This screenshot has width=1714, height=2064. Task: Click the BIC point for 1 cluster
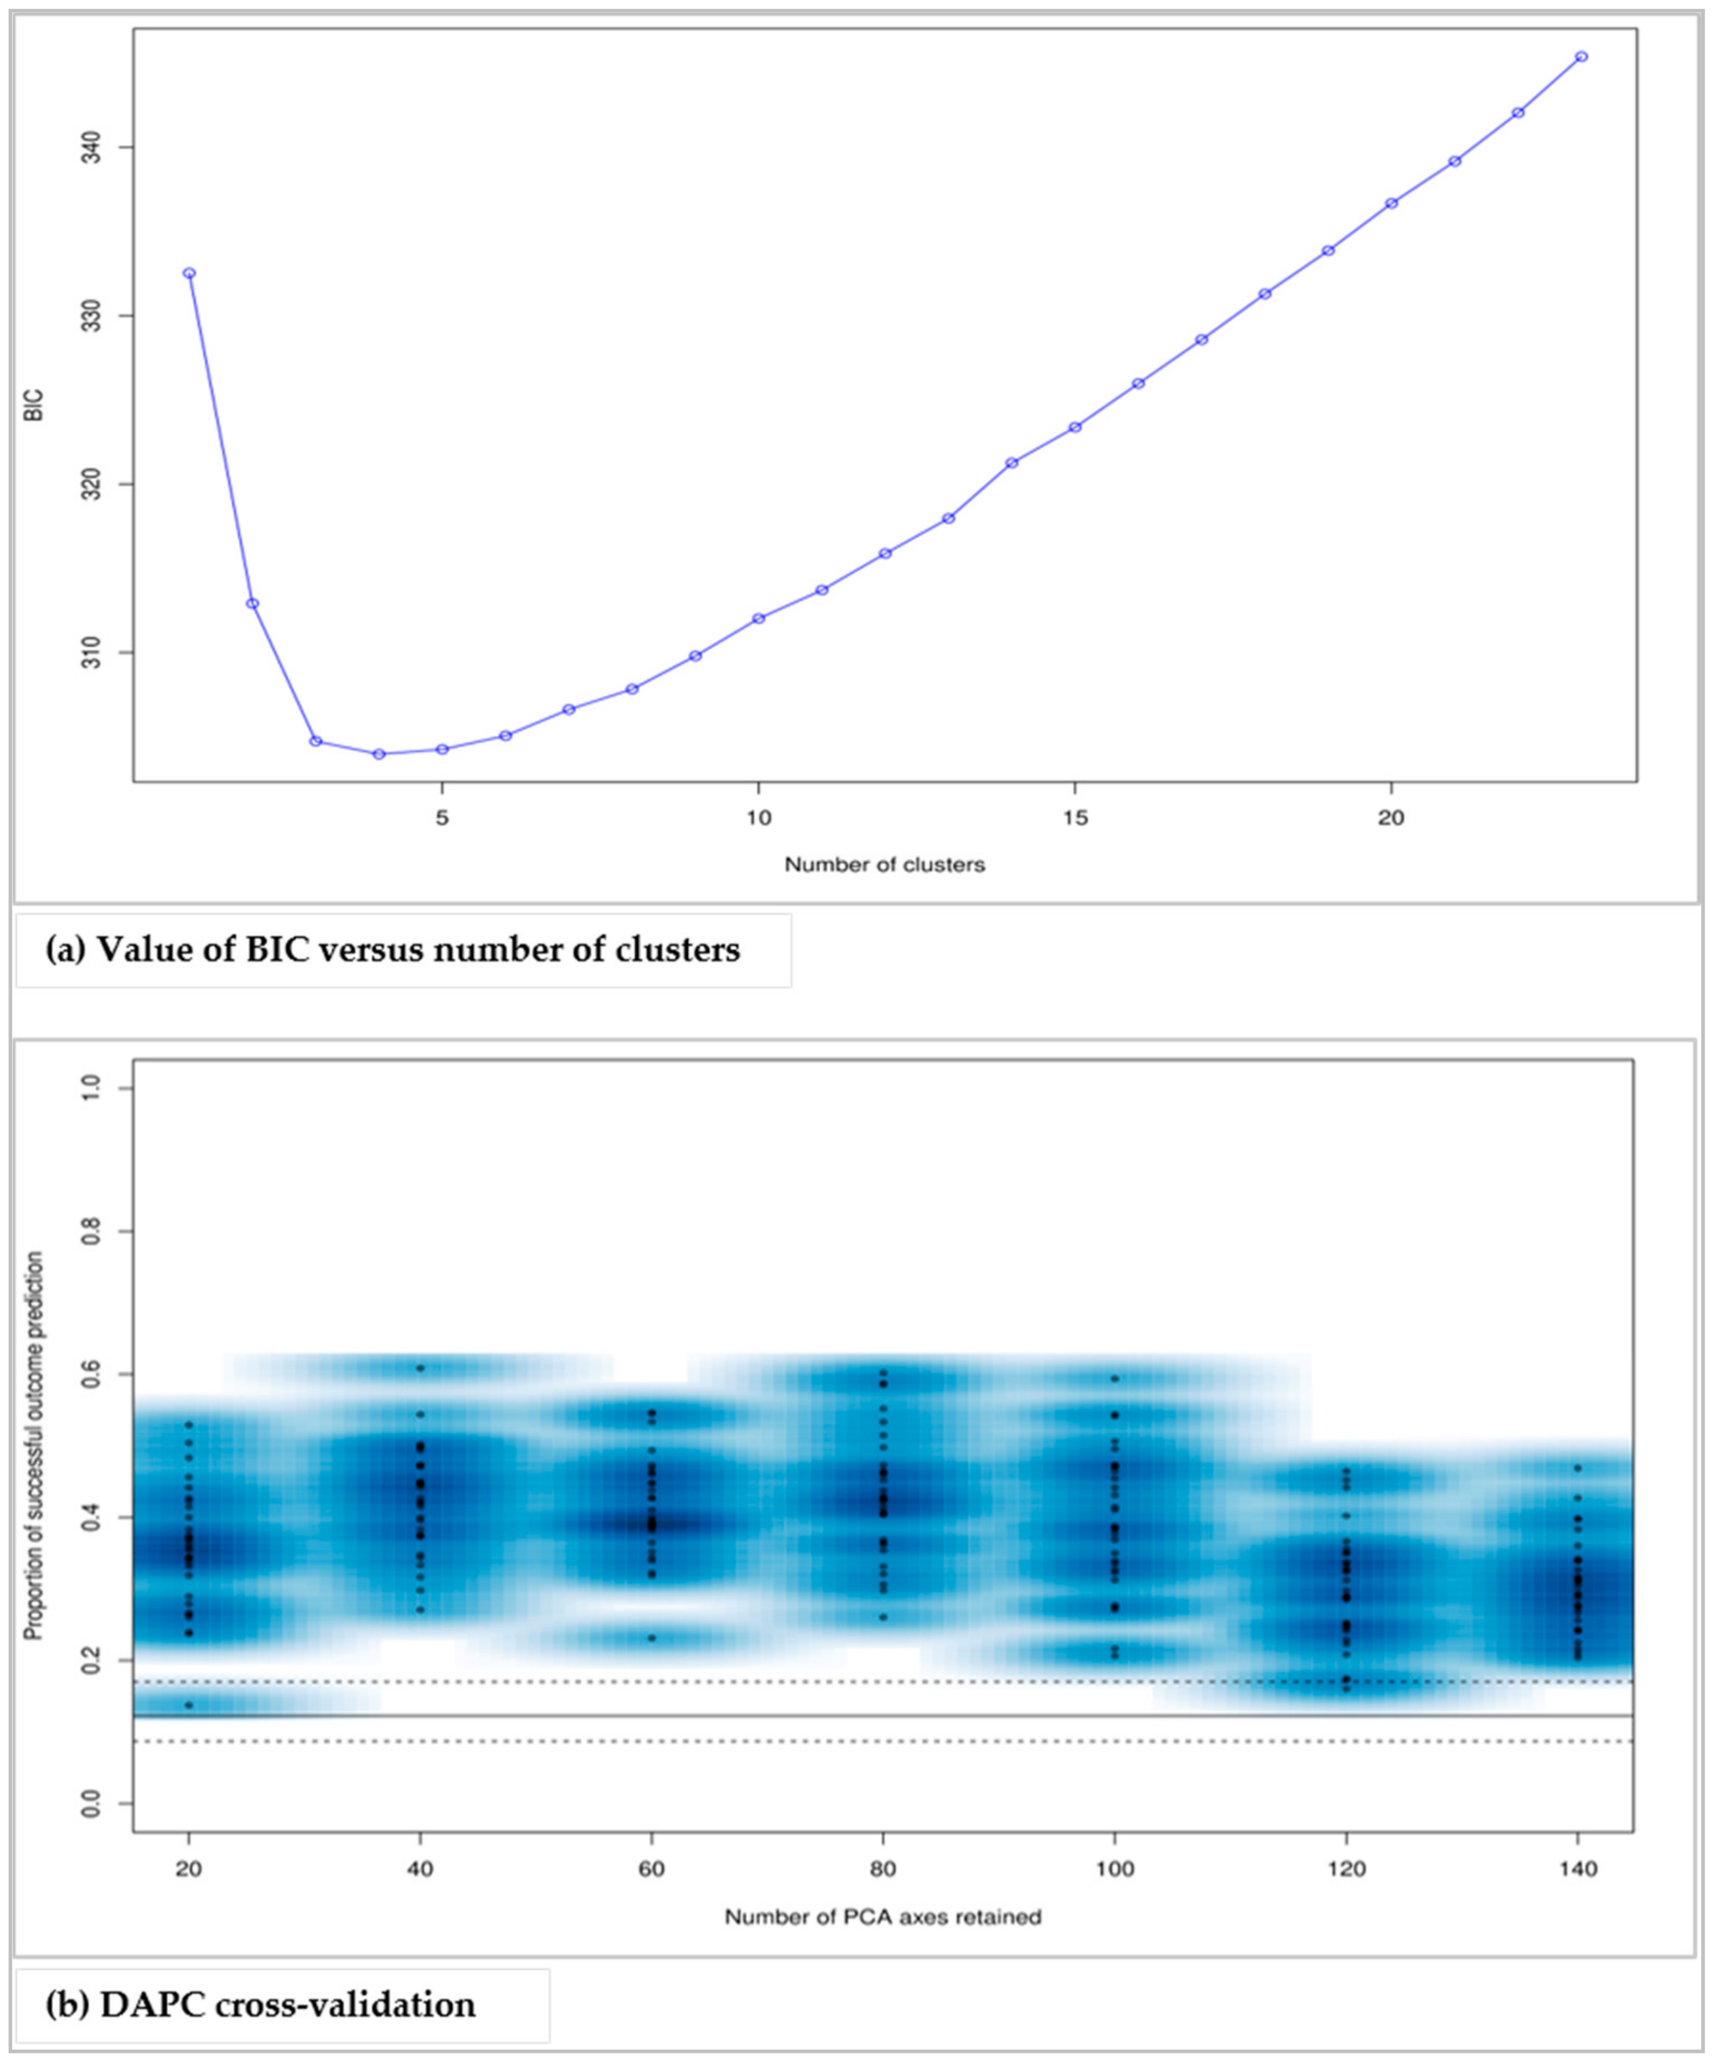pos(189,274)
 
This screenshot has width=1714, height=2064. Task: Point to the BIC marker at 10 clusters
pos(758,618)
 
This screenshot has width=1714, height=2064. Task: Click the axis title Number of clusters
pos(884,865)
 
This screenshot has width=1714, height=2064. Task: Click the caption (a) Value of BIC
pos(393,951)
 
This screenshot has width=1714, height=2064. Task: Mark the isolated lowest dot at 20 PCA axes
pos(189,1705)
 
